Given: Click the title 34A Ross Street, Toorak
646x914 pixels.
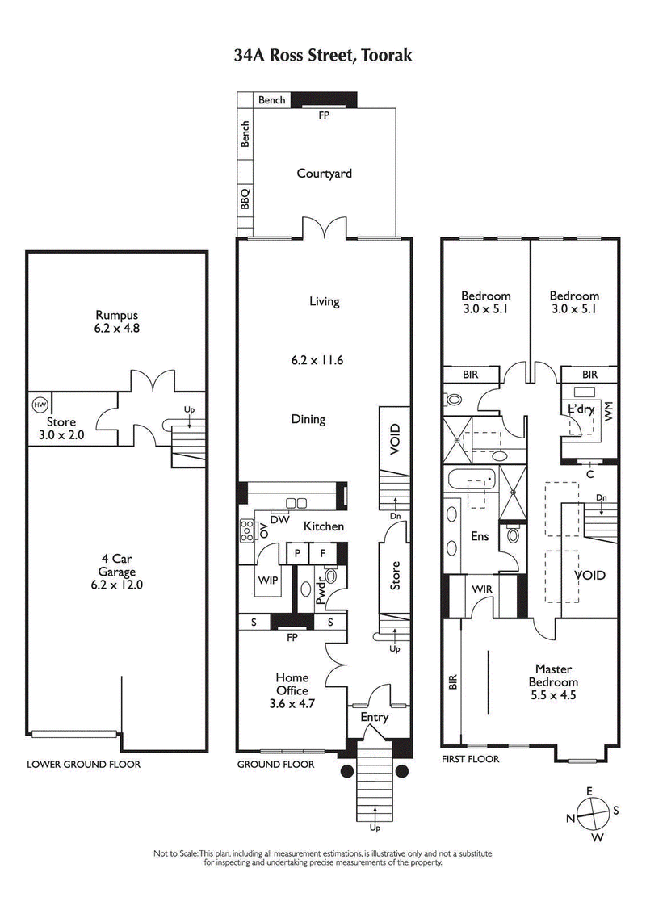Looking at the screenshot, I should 323,55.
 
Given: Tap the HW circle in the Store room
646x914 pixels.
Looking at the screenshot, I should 38,405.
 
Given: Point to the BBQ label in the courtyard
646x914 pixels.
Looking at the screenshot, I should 245,199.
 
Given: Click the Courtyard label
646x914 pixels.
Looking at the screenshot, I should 324,173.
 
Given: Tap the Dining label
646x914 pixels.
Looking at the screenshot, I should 308,419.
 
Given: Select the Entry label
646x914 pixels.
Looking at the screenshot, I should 374,717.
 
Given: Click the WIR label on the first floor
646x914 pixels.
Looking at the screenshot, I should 482,589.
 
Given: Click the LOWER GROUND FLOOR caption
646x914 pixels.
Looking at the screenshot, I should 83,764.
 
